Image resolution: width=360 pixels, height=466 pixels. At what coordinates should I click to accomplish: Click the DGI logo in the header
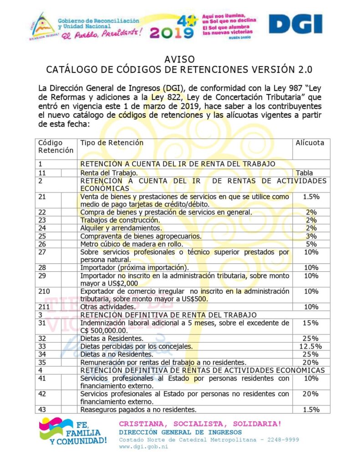(295, 24)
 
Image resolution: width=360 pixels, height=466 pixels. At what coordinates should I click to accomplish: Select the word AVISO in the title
(180, 60)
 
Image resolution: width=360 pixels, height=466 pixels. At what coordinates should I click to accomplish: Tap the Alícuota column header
(310, 143)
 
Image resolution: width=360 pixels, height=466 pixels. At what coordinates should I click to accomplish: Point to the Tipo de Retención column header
(112, 143)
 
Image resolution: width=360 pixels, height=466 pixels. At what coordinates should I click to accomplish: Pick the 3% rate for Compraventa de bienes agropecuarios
(311, 236)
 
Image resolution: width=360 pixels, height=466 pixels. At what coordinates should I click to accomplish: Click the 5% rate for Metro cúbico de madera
(311, 243)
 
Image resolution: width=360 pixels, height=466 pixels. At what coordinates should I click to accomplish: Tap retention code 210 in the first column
(44, 291)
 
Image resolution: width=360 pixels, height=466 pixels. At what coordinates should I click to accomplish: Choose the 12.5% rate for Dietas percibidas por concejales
(310, 346)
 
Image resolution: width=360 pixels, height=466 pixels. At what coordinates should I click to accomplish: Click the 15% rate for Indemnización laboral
(311, 323)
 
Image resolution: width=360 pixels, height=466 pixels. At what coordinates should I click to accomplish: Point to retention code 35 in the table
(42, 362)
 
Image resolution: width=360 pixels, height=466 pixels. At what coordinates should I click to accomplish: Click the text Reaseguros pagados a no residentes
(138, 410)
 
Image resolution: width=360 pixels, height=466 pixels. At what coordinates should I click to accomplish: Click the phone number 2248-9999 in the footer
(284, 440)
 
